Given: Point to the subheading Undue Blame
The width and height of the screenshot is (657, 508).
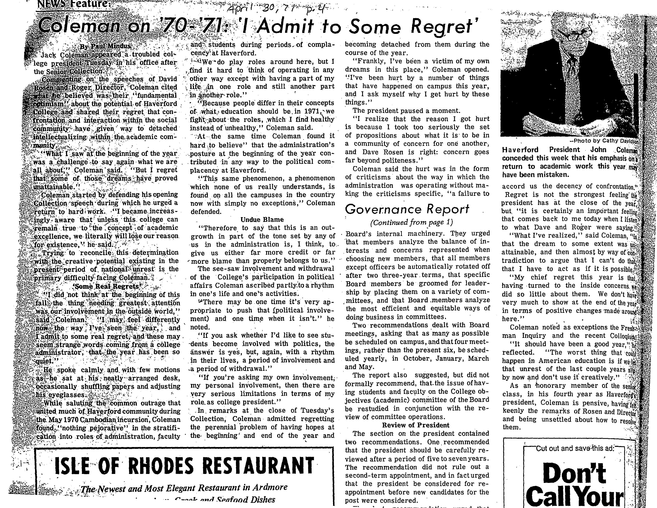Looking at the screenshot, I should tap(262, 219).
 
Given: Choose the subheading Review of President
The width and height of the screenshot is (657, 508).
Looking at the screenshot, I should tap(416, 425).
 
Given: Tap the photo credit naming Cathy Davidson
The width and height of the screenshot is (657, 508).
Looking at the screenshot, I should tap(605, 140).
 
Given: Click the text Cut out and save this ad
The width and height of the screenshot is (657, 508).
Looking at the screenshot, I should tap(575, 449).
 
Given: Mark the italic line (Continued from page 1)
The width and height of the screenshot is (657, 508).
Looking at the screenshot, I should tap(411, 222).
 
